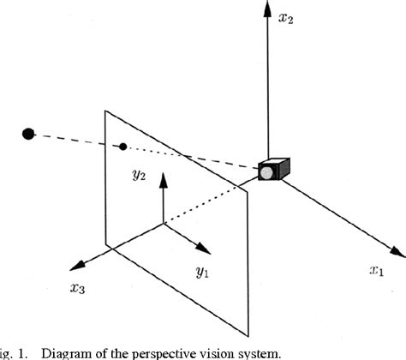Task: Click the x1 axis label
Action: (x=377, y=272)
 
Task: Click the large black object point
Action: (x=28, y=133)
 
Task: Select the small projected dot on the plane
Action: (x=124, y=146)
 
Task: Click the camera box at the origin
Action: (x=274, y=171)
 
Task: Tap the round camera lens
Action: (x=266, y=173)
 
